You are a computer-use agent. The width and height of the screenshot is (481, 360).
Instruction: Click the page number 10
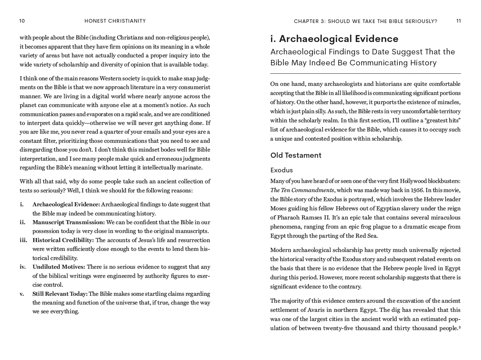(x=22, y=21)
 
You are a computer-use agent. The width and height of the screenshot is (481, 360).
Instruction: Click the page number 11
(x=458, y=21)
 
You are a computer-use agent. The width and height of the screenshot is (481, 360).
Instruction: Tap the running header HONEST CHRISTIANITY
(x=115, y=21)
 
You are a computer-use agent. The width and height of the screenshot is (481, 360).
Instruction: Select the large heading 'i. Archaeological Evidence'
(x=334, y=39)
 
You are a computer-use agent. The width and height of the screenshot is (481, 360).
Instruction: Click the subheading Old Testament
(x=296, y=156)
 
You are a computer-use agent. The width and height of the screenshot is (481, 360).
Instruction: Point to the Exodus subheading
(x=281, y=170)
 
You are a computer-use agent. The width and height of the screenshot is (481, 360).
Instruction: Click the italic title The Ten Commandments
(x=302, y=190)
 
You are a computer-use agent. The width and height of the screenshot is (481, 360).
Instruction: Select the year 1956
(x=417, y=190)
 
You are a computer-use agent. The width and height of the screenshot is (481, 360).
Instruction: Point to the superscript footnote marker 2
(x=459, y=327)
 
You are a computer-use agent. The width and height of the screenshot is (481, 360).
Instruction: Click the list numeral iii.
(x=23, y=240)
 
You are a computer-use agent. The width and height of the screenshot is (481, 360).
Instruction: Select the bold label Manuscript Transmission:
(x=68, y=222)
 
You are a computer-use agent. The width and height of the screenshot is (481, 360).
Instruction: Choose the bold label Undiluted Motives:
(x=58, y=267)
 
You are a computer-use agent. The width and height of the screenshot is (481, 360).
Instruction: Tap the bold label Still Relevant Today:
(x=60, y=294)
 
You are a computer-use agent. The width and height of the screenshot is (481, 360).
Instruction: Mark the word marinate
(x=190, y=168)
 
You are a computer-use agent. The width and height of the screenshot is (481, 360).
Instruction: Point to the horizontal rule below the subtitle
(x=365, y=74)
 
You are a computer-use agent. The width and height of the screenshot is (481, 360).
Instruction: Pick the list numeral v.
(x=22, y=294)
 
